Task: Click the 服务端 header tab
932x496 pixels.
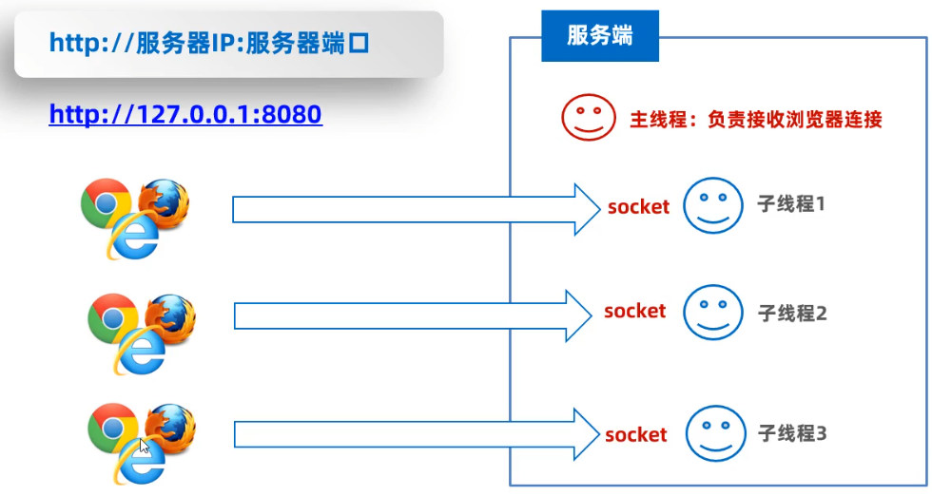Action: pyautogui.click(x=599, y=37)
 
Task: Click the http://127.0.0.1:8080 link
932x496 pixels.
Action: pyautogui.click(x=185, y=115)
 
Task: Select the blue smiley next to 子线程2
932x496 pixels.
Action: pyautogui.click(x=712, y=312)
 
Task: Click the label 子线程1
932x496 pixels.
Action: pyautogui.click(x=791, y=204)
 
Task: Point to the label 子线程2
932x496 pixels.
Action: pyautogui.click(x=792, y=312)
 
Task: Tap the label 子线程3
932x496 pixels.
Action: pyautogui.click(x=792, y=434)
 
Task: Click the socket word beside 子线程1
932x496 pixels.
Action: pyautogui.click(x=638, y=206)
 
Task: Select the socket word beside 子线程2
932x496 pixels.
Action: pyautogui.click(x=634, y=311)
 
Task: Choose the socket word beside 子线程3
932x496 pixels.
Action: pyautogui.click(x=636, y=435)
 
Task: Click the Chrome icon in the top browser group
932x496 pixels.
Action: pyautogui.click(x=105, y=202)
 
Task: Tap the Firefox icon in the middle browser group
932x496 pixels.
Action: pyautogui.click(x=171, y=316)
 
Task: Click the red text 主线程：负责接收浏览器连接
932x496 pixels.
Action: pyautogui.click(x=756, y=119)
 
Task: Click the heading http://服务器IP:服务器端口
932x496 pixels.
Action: pyautogui.click(x=208, y=43)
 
